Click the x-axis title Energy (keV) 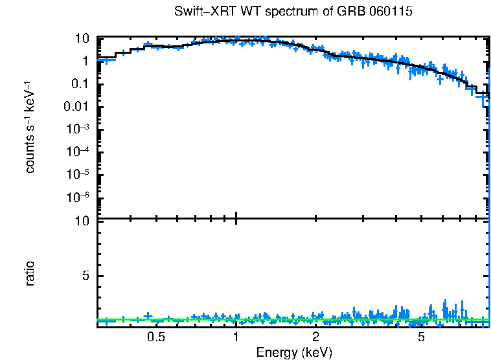point(294,352)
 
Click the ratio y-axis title point(30,273)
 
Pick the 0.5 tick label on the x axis point(155,337)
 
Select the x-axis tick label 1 point(236,337)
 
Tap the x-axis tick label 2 point(315,337)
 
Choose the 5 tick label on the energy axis point(421,337)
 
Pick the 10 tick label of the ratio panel point(82,221)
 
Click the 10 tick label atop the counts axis point(82,38)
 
